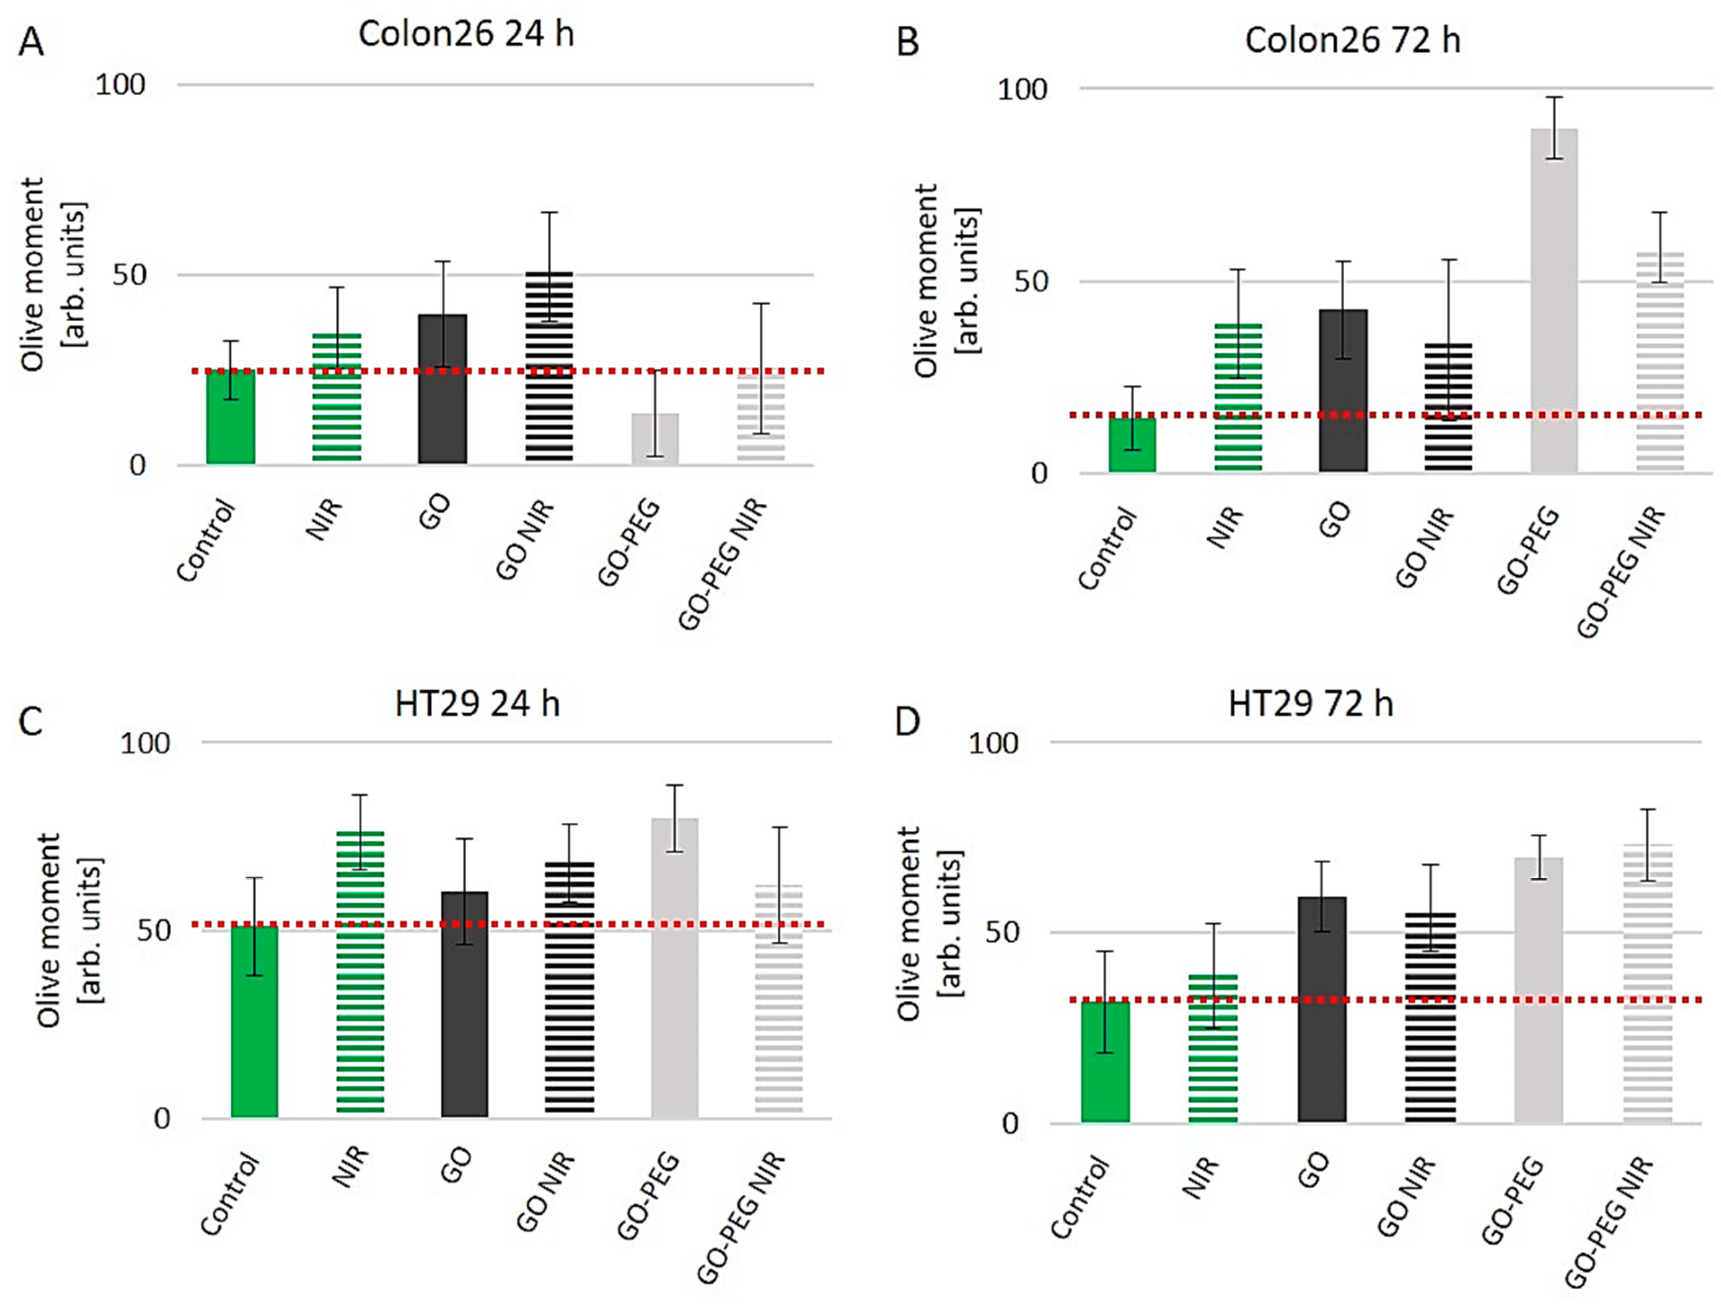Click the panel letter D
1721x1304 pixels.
[x=907, y=722]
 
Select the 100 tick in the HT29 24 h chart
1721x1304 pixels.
[x=145, y=743]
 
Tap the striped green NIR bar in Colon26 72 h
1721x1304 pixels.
[x=1238, y=397]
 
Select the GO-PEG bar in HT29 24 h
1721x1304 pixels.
[x=675, y=968]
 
